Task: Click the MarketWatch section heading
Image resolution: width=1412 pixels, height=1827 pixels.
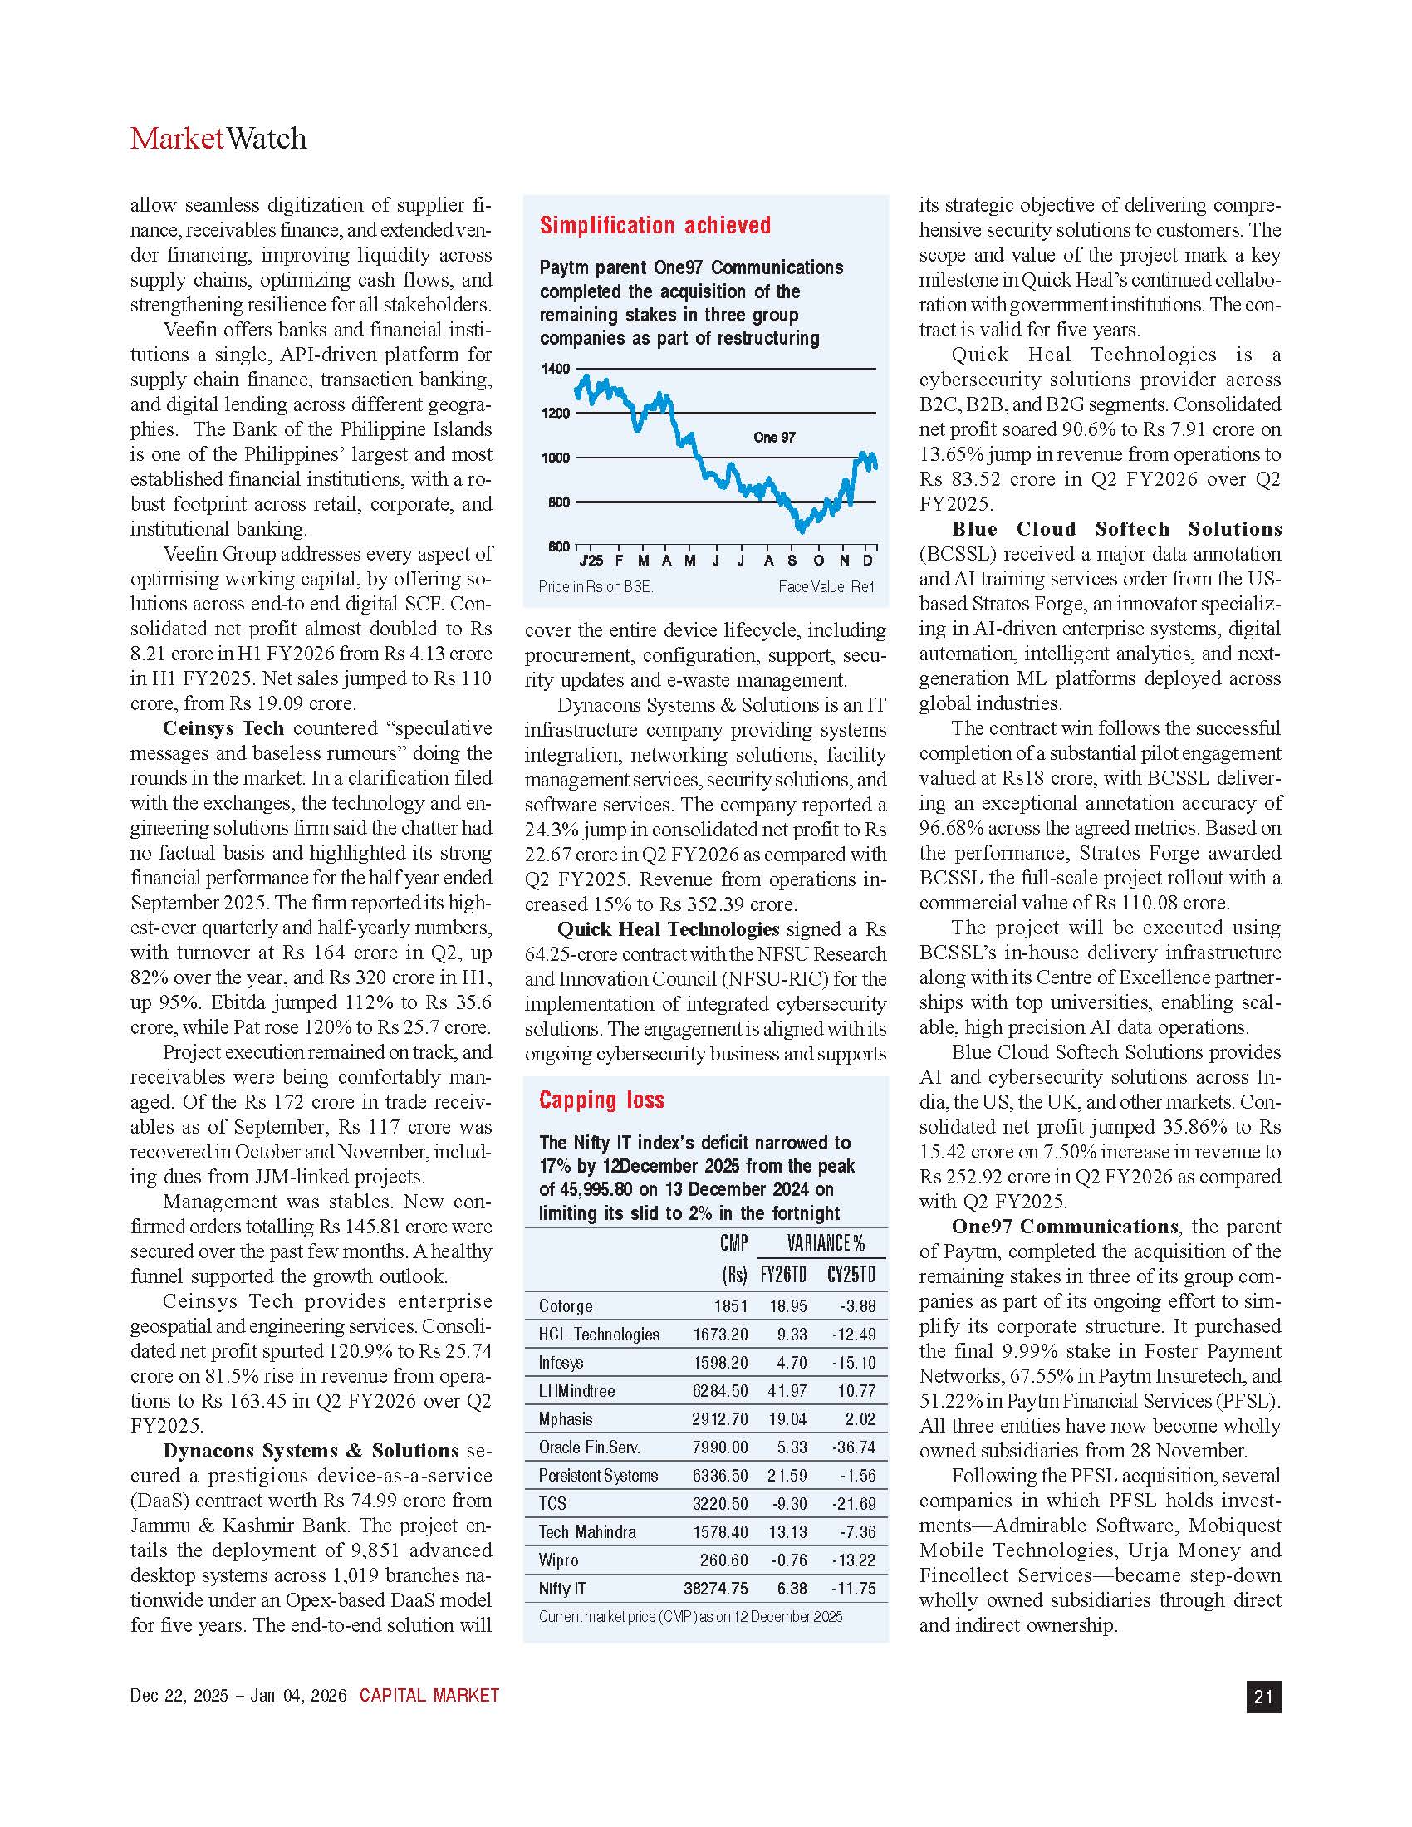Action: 218,139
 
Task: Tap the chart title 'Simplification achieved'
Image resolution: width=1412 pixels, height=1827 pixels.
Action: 655,225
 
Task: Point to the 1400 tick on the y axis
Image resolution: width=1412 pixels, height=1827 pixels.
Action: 558,369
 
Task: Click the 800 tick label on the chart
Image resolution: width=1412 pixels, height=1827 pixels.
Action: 558,502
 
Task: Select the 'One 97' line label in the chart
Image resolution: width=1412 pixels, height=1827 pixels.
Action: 774,438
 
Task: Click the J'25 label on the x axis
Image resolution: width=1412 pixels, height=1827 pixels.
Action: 591,561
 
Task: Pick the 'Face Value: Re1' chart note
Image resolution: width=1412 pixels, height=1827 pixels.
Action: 826,587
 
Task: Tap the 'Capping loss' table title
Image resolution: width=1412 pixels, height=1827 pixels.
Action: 601,1100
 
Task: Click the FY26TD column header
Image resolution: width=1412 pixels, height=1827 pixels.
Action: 783,1275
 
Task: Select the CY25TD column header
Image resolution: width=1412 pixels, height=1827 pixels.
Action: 851,1275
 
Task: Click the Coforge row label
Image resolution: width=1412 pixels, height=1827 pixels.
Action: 566,1306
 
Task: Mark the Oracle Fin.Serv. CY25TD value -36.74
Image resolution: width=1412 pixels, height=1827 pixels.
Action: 853,1447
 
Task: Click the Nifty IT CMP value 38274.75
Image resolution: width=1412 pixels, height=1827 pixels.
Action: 715,1589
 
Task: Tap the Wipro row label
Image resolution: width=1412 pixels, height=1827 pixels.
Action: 558,1560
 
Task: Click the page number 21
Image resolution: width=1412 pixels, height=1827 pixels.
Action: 1263,1697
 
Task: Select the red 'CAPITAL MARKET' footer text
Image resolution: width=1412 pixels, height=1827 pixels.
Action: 429,1696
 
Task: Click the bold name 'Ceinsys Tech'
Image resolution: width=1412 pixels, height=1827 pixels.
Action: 223,728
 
